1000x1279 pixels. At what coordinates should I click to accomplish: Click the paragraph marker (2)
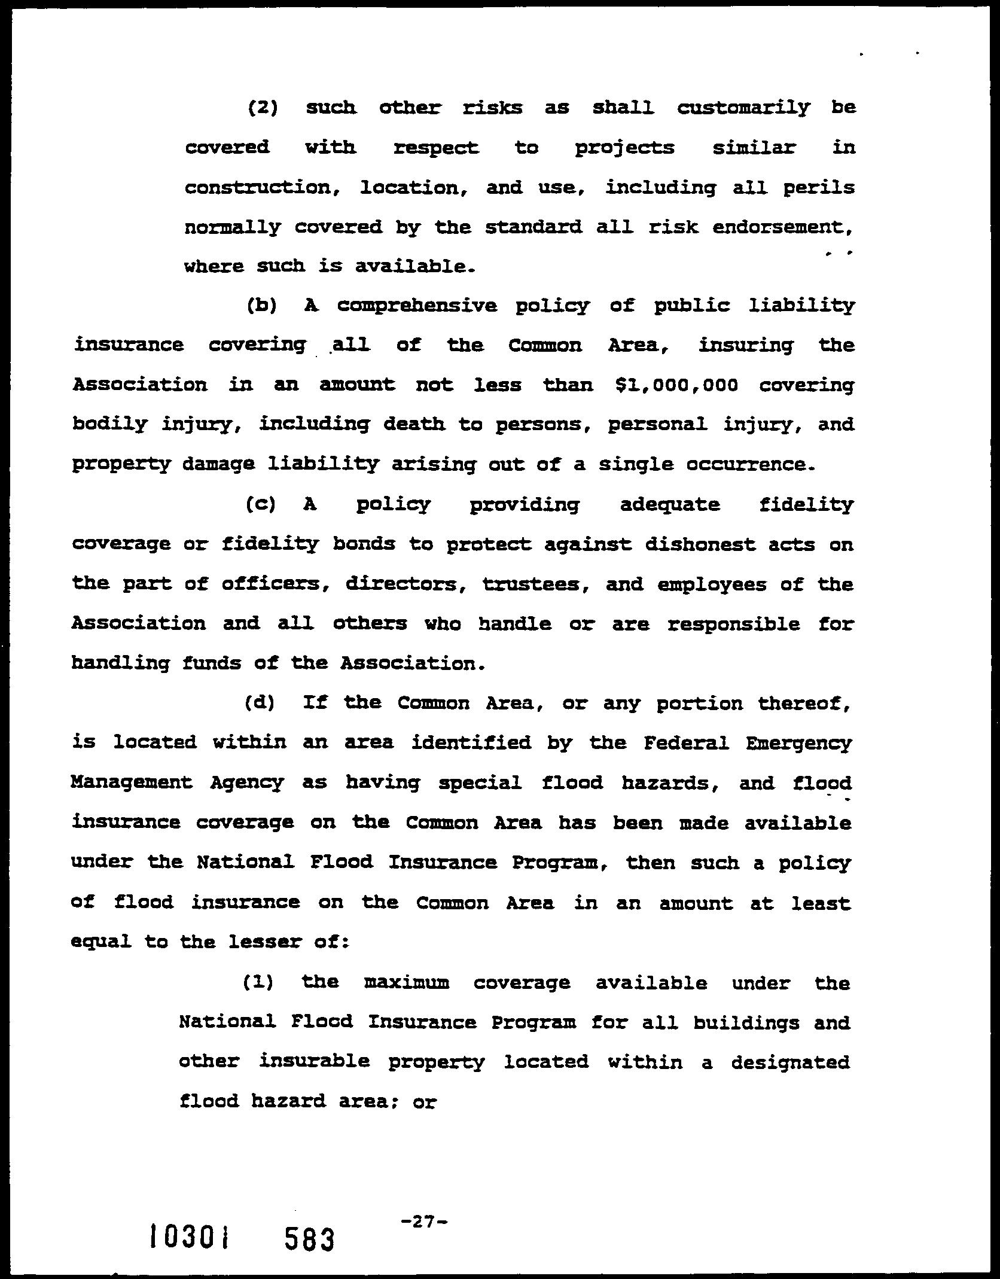(x=263, y=108)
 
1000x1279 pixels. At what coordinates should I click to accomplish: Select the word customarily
(x=743, y=108)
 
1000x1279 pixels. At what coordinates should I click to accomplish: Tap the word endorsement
(x=782, y=228)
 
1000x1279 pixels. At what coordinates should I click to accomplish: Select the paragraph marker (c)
(x=261, y=505)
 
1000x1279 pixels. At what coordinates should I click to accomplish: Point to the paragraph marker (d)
(x=260, y=703)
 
